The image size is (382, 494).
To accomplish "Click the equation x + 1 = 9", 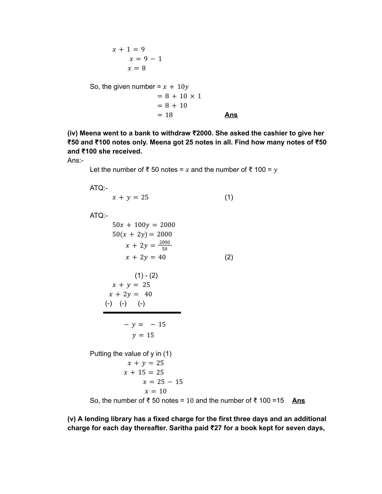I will pyautogui.click(x=129, y=49).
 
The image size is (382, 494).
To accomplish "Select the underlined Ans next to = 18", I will pyautogui.click(x=231, y=115).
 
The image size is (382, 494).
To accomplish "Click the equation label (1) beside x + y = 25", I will pyautogui.click(x=229, y=197).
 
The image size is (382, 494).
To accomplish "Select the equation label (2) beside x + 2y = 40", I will pyautogui.click(x=229, y=257).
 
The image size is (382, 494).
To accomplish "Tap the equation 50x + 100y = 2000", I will pyautogui.click(x=144, y=225).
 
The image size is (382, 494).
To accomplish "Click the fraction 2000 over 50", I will pyautogui.click(x=164, y=245).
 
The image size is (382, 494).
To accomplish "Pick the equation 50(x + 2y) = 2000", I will pyautogui.click(x=142, y=234).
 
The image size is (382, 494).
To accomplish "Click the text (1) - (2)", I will pyautogui.click(x=146, y=275).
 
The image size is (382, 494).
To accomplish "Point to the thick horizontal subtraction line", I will pyautogui.click(x=142, y=312).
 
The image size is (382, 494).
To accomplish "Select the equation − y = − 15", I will pyautogui.click(x=145, y=324).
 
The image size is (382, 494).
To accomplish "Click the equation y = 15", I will pyautogui.click(x=143, y=335).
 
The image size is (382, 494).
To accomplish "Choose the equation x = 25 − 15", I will pyautogui.click(x=163, y=382).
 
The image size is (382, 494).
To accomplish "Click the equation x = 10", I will pyautogui.click(x=155, y=391).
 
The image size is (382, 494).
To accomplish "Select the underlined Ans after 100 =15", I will pyautogui.click(x=298, y=400).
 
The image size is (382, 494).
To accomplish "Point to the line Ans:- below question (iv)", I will pyautogui.click(x=76, y=160).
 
